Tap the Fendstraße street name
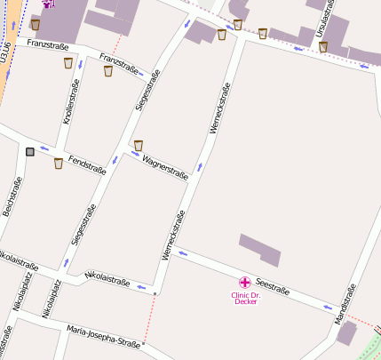87,164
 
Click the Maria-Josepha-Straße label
103,337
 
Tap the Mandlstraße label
345,303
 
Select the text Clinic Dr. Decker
245,298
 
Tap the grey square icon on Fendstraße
31,152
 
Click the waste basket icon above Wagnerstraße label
138,145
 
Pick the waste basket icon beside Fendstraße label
59,163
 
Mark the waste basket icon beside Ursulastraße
323,46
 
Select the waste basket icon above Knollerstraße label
68,63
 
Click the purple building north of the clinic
260,249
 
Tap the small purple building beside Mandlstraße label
346,333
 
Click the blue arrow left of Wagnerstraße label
135,156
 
